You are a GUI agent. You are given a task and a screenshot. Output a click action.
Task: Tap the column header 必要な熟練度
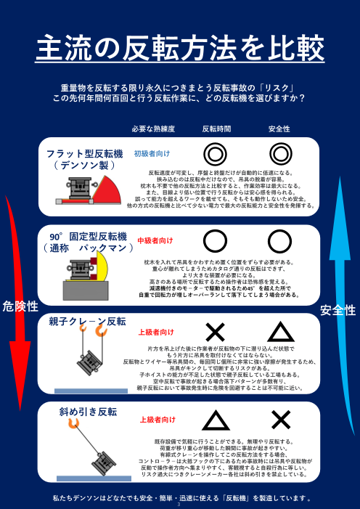(153, 129)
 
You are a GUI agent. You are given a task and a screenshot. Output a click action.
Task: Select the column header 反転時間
(216, 129)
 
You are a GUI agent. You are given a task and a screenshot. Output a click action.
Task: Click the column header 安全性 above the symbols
(279, 129)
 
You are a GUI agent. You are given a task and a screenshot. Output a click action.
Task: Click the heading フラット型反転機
(85, 154)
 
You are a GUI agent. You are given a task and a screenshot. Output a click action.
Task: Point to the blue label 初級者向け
(152, 154)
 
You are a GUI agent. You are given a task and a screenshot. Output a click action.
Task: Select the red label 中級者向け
(156, 240)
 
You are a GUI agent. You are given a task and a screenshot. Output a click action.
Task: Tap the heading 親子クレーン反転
(87, 320)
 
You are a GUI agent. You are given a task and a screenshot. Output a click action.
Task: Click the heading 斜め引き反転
(88, 411)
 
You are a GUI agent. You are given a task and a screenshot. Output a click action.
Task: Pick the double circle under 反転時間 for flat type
(216, 154)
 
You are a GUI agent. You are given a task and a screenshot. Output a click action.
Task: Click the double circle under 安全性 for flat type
(280, 154)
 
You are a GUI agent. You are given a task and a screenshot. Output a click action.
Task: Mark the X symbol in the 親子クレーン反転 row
(216, 333)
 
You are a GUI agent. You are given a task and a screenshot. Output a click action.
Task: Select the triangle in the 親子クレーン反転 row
(280, 333)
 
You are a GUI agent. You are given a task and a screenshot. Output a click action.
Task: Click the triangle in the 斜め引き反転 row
(216, 420)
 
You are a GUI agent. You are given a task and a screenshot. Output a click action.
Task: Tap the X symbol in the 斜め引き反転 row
(280, 420)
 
